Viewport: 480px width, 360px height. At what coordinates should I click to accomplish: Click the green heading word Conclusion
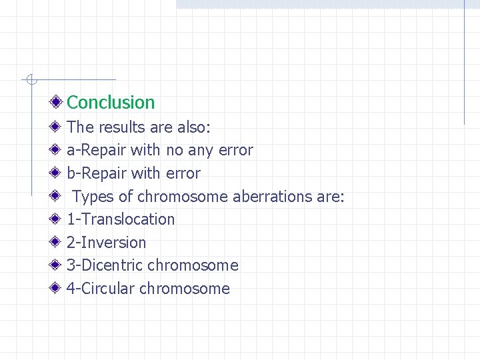tap(111, 103)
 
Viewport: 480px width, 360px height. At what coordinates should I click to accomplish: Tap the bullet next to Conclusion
tap(58, 103)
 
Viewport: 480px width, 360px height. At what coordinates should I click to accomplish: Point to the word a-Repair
tap(97, 151)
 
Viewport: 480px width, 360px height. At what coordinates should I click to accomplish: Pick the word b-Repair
tap(97, 173)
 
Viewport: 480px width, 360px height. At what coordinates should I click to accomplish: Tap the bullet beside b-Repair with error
tap(58, 173)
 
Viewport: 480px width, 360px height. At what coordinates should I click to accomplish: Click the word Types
tap(93, 197)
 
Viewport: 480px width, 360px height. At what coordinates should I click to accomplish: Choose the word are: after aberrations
tap(331, 197)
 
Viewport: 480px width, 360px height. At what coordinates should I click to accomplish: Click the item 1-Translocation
tap(121, 219)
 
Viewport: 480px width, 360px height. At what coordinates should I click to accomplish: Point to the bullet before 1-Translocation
tap(58, 219)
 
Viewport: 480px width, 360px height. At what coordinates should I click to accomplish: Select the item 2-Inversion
tap(106, 243)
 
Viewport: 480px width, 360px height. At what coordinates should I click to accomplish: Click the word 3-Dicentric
tap(105, 265)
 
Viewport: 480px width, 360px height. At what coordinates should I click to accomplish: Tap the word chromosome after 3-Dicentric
tap(193, 265)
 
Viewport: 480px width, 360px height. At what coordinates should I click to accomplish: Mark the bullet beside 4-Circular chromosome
tap(58, 289)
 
